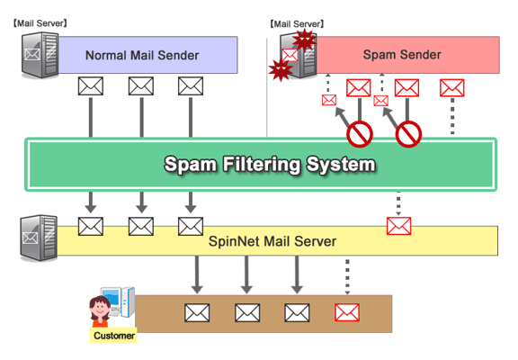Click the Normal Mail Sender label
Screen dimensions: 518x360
pos(142,55)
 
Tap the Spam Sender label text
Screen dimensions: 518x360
pos(402,55)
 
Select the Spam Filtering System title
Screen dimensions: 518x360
pos(270,165)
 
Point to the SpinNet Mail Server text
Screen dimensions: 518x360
pos(272,241)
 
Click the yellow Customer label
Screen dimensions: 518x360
pos(113,336)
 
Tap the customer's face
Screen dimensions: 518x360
pos(101,308)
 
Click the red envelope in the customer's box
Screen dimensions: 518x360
pos(347,312)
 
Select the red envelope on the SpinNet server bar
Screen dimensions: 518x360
pos(398,226)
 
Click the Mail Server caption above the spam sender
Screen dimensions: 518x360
pos(297,24)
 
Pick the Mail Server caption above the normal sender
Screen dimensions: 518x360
pos(40,23)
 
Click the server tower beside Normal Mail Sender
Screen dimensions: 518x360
pos(40,55)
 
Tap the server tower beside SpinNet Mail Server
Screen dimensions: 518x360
pos(39,238)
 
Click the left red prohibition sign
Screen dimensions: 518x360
pos(360,134)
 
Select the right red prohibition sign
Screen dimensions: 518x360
pos(408,134)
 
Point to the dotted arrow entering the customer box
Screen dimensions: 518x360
pos(347,277)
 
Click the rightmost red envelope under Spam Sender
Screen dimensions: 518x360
pos(452,87)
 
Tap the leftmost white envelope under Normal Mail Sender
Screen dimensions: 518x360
pos(91,86)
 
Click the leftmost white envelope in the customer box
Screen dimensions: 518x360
pos(197,312)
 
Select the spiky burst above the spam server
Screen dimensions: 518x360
pos(305,40)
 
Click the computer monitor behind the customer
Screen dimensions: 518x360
pos(112,297)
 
